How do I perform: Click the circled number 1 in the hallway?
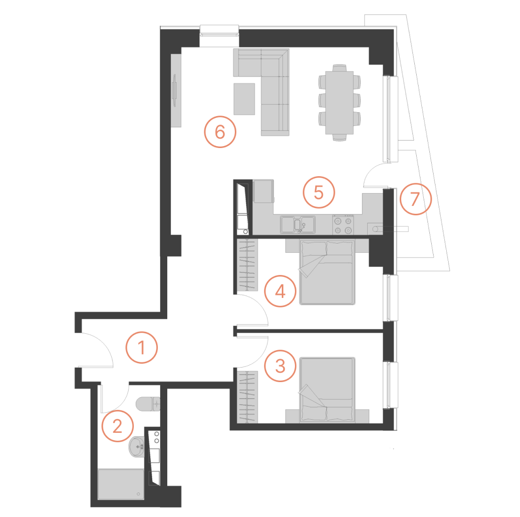point(141,347)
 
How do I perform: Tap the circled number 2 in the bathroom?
point(117,426)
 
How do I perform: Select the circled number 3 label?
point(280,366)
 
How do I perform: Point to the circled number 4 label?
point(280,291)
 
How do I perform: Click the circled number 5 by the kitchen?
point(318,192)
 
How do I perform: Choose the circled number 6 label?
point(220,132)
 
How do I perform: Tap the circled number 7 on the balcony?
point(416,199)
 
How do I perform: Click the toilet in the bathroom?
point(148,404)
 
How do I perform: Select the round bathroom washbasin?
point(137,446)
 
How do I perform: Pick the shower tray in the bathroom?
point(121,484)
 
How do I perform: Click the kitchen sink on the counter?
point(298,225)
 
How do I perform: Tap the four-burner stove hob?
point(343,225)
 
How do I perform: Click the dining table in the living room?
point(339,102)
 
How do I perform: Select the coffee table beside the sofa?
point(244,99)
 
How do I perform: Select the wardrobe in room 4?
point(248,265)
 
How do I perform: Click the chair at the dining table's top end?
point(339,68)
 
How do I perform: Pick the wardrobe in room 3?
point(248,397)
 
